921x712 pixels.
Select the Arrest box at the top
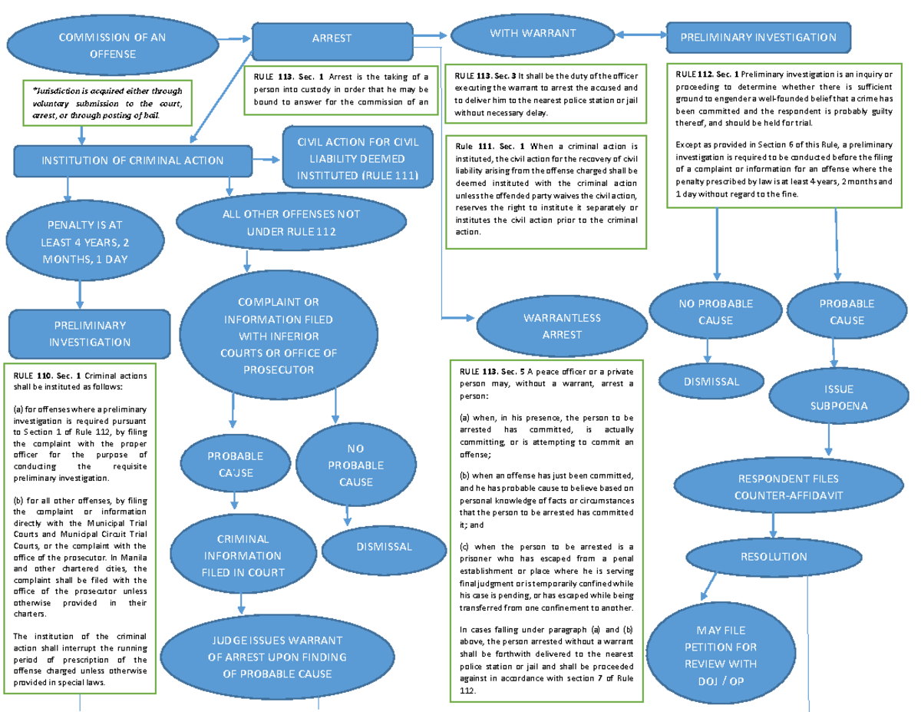pyautogui.click(x=332, y=38)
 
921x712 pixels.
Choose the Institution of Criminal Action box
pyautogui.click(x=133, y=161)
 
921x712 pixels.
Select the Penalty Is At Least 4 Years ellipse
pyautogui.click(x=84, y=241)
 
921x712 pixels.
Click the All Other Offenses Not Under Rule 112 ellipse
pyautogui.click(x=291, y=223)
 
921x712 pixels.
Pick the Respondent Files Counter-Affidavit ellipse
pyautogui.click(x=788, y=487)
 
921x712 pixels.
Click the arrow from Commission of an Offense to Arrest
pyautogui.click(x=233, y=38)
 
